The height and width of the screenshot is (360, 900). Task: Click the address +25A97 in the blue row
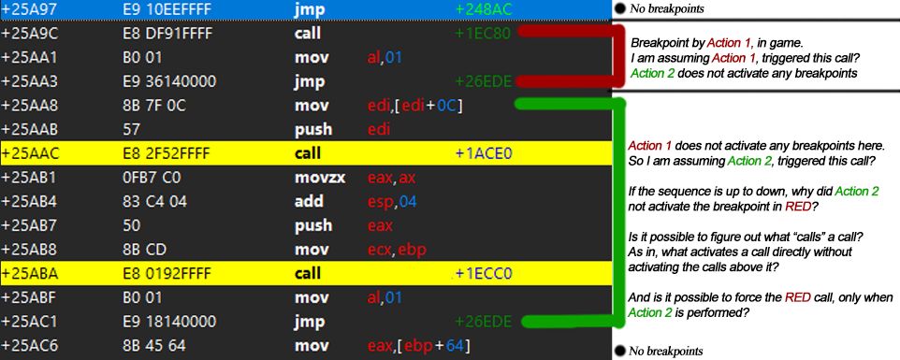(29, 9)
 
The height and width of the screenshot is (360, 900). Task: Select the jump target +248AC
(483, 9)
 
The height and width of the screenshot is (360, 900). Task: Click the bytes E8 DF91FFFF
(164, 34)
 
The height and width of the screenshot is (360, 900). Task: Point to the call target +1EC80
(483, 34)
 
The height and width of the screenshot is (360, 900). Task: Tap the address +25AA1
(29, 57)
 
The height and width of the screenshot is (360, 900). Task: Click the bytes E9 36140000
(166, 81)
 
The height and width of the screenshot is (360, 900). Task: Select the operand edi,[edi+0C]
(415, 106)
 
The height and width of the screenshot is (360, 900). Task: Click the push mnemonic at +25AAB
(313, 130)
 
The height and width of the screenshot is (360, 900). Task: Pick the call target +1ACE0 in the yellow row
(483, 153)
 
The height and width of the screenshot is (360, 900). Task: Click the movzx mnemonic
(320, 178)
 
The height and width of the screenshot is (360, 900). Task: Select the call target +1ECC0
(483, 273)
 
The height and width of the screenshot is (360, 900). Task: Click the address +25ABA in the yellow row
(29, 273)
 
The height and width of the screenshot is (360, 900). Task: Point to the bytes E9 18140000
(166, 322)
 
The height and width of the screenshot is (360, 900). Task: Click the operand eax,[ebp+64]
(418, 346)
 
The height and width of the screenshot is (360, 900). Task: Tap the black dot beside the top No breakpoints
(619, 8)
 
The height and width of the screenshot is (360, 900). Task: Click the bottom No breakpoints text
(666, 351)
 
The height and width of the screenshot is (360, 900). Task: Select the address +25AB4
(29, 202)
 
